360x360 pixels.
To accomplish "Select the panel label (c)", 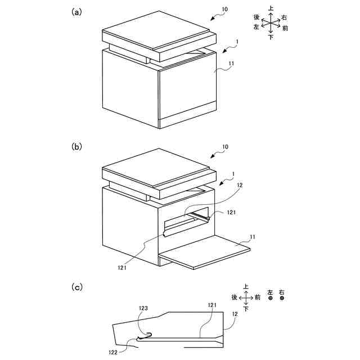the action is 77,286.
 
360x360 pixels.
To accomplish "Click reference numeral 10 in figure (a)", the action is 224,10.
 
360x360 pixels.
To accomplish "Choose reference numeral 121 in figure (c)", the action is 211,304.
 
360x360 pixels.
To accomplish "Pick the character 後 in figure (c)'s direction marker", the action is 234,297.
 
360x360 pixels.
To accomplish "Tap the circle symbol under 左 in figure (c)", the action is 271,299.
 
